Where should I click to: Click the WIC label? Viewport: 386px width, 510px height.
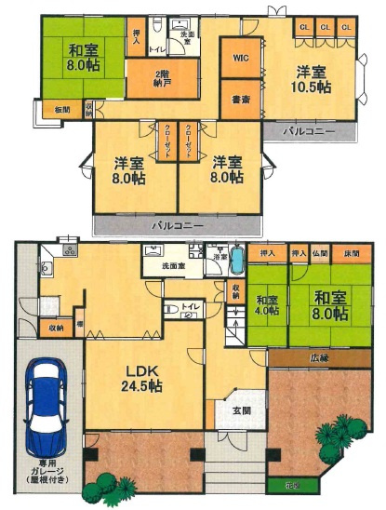(240, 58)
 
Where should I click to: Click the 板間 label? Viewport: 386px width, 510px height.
(62, 111)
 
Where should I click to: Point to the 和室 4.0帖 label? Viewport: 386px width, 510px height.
(267, 305)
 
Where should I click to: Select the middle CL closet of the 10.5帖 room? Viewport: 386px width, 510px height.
(325, 27)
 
